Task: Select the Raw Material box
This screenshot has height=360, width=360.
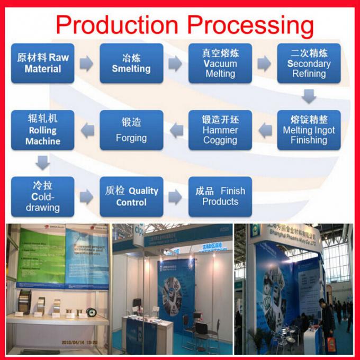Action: [42, 64]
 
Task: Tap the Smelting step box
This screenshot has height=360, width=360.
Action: [131, 64]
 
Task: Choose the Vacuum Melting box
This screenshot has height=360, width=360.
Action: [220, 64]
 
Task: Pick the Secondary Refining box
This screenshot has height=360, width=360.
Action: [309, 64]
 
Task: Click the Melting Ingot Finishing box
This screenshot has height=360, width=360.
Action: [309, 130]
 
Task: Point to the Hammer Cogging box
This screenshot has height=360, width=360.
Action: [220, 130]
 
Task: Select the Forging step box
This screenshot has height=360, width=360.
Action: [131, 130]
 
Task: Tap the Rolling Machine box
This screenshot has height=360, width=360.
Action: [42, 130]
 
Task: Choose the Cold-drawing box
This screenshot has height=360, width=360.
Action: [42, 196]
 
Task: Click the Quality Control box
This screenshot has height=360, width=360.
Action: [131, 196]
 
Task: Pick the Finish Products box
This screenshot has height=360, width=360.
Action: [220, 196]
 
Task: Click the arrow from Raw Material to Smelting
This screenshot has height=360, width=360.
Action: [87, 64]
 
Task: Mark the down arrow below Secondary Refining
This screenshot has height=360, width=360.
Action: [309, 96]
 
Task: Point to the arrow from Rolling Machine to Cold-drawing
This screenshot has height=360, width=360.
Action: [42, 163]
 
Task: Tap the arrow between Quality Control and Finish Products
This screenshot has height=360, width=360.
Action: [176, 196]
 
